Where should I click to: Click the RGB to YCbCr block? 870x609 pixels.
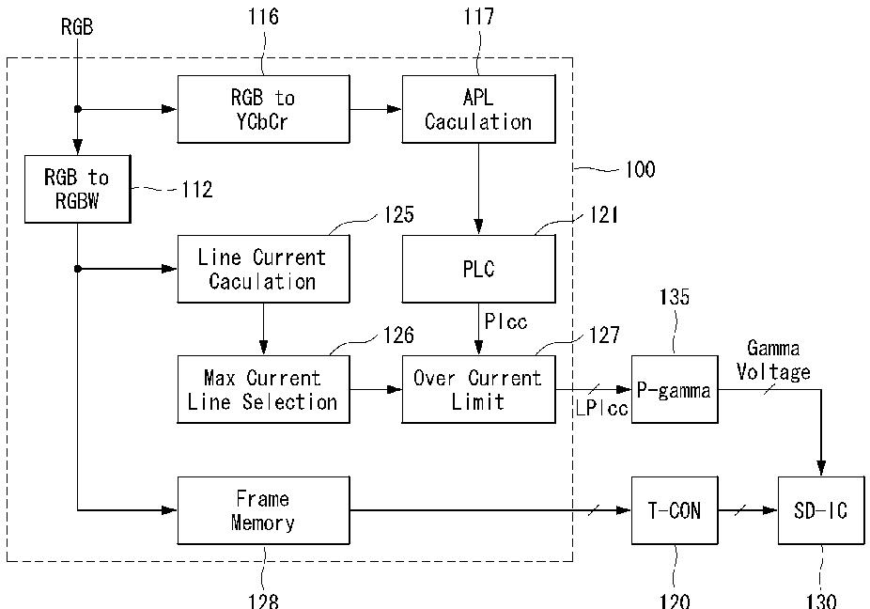point(264,109)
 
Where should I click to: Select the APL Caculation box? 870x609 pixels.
point(478,109)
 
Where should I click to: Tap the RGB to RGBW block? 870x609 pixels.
point(78,189)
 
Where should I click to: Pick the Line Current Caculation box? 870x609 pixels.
point(264,269)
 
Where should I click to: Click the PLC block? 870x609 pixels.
point(478,269)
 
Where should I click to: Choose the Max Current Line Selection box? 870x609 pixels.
point(264,389)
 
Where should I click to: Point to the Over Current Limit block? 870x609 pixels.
point(478,389)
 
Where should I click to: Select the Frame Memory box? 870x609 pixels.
point(264,510)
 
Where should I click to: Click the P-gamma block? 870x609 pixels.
point(675,389)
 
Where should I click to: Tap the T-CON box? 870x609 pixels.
point(675,510)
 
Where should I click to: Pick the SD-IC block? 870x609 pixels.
point(821,510)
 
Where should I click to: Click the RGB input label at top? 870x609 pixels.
point(77,26)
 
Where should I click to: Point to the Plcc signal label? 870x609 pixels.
point(505,321)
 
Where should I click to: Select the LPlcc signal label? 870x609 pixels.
point(602,409)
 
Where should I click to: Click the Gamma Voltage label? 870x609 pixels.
point(773,360)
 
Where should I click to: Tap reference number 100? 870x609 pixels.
point(641,169)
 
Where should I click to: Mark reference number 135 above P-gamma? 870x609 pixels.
point(675,297)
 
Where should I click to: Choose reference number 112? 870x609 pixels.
point(197,190)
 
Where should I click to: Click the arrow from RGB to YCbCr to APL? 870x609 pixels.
point(376,109)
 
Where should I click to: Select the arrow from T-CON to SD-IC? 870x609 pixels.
point(748,510)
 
